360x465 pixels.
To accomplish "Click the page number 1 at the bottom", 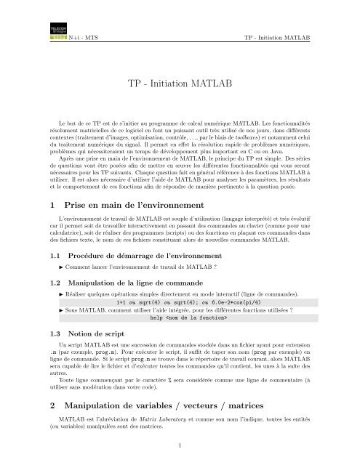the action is tap(180, 458).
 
